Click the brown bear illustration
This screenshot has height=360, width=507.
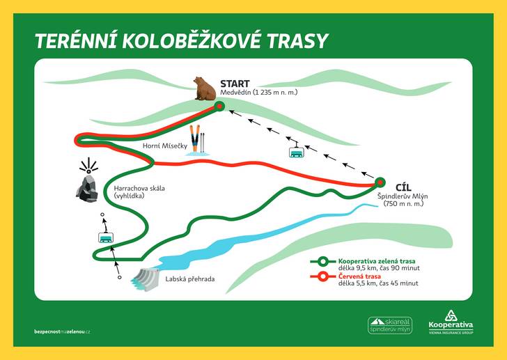pyautogui.click(x=205, y=88)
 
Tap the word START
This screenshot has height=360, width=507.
pyautogui.click(x=235, y=84)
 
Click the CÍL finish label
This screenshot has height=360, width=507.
pyautogui.click(x=403, y=187)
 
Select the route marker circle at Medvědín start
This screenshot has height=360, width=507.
pyautogui.click(x=219, y=106)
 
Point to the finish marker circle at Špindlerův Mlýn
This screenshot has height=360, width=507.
pyautogui.click(x=380, y=182)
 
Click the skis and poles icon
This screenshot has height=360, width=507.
pyautogui.click(x=197, y=140)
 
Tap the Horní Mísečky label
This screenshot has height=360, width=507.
pyautogui.click(x=165, y=146)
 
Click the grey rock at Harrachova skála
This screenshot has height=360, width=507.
pyautogui.click(x=87, y=189)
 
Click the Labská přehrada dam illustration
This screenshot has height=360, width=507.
pyautogui.click(x=145, y=279)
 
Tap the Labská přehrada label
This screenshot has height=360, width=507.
pyautogui.click(x=190, y=279)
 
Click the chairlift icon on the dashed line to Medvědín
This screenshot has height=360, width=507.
pyautogui.click(x=296, y=150)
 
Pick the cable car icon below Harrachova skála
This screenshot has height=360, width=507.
pyautogui.click(x=106, y=237)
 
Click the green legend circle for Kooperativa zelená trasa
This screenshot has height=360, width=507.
pyautogui.click(x=322, y=261)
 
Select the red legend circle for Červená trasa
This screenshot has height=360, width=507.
pyautogui.click(x=322, y=276)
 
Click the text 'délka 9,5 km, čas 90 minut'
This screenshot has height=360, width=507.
pyautogui.click(x=379, y=268)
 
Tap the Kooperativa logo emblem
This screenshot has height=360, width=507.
pyautogui.click(x=451, y=315)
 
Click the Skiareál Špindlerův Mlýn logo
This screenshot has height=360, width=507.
pyautogui.click(x=390, y=325)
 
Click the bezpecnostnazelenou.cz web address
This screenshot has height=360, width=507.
pyautogui.click(x=62, y=331)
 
